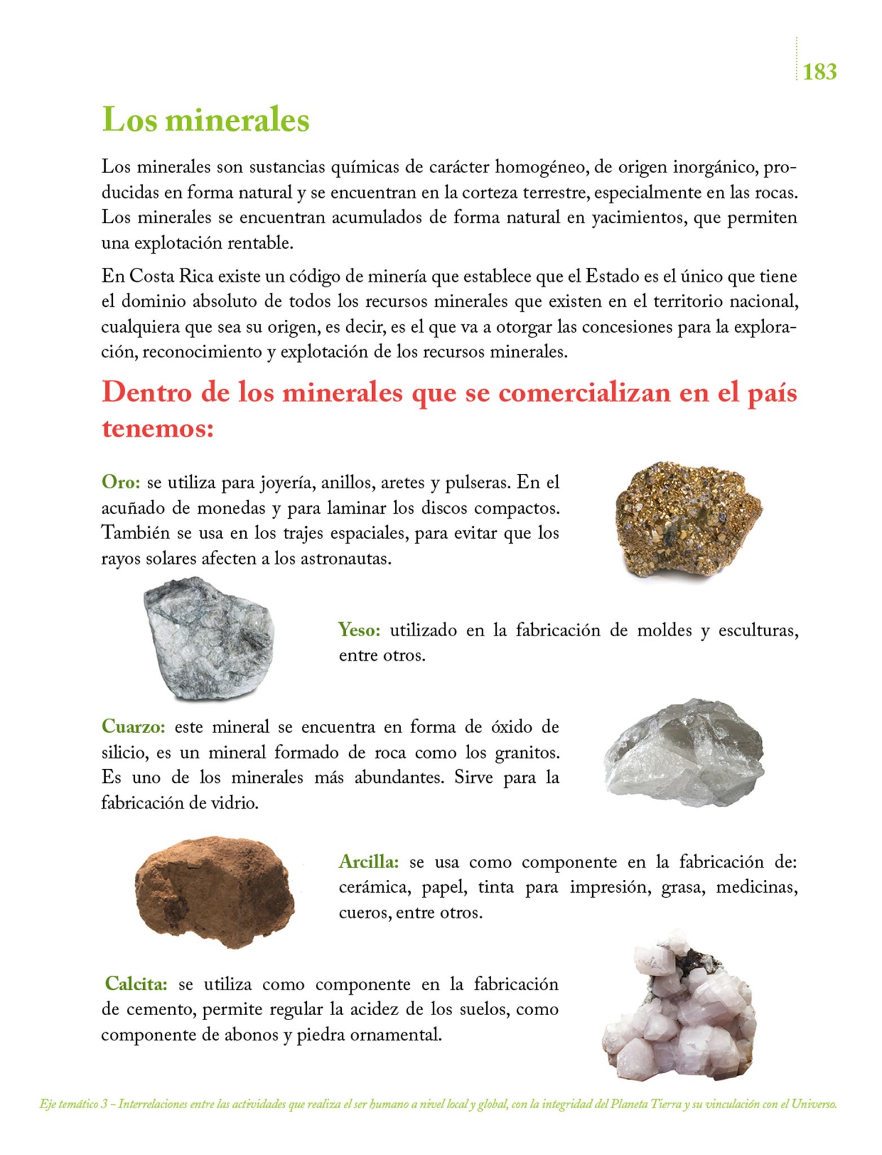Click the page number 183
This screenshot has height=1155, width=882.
[819, 72]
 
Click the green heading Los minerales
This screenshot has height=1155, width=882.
[205, 120]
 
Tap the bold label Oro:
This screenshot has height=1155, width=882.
[121, 483]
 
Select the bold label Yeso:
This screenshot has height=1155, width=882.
[359, 630]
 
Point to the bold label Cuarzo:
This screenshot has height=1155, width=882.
[134, 726]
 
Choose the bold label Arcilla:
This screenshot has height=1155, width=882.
[369, 862]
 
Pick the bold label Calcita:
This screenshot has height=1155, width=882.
[136, 984]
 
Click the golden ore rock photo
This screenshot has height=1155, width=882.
[688, 519]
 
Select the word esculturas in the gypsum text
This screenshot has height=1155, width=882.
[758, 631]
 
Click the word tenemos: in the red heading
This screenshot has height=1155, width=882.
[158, 429]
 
